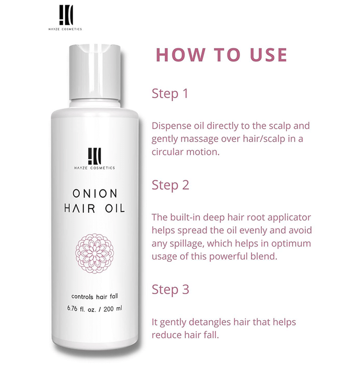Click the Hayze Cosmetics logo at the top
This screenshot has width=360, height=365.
(65, 17)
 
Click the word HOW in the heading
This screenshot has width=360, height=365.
(181, 55)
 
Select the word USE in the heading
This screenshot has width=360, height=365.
(269, 55)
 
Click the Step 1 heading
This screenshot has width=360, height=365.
(170, 94)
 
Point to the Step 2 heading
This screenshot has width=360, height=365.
(170, 186)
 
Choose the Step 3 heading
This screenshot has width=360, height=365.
(170, 290)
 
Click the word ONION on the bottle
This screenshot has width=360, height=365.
(95, 193)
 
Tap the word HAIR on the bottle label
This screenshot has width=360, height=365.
(80, 208)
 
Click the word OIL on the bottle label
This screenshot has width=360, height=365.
(115, 208)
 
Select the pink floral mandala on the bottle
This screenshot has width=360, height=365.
(94, 253)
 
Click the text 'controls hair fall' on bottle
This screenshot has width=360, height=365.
(94, 297)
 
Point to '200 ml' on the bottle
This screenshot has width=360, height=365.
(113, 309)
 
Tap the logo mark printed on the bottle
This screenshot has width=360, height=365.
(94, 156)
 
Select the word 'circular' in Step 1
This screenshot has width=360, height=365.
(167, 152)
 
